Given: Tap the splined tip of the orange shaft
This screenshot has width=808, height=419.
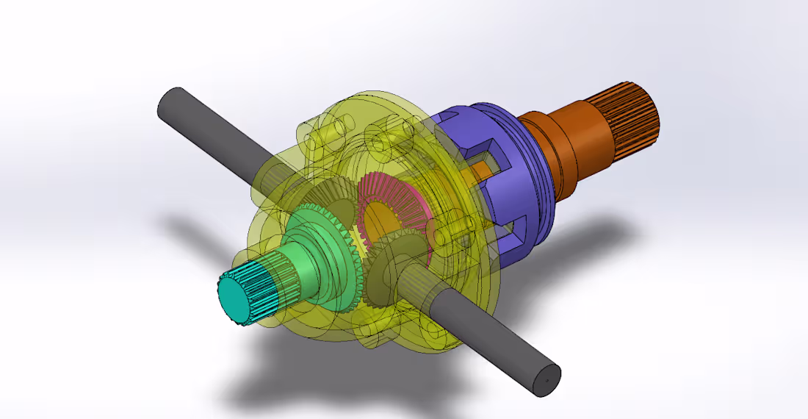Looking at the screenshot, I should coord(628,110).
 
